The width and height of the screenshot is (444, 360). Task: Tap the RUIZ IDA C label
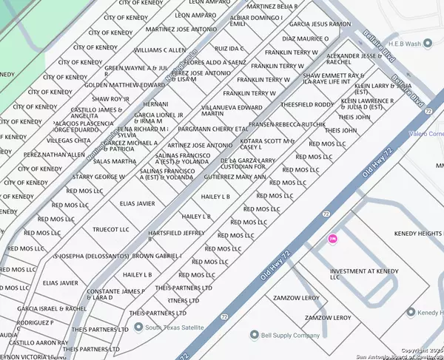[230, 49]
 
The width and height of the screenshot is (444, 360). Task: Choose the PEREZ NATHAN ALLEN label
[54, 154]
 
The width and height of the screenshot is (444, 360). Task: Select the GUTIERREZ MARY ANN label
[234, 177]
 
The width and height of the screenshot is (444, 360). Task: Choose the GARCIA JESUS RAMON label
[320, 24]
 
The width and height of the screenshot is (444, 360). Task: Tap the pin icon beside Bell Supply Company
[255, 335]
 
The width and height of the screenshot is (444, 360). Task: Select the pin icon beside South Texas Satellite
[138, 327]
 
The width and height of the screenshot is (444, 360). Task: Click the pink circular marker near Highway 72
[332, 239]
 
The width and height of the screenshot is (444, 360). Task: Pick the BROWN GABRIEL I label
[157, 256]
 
